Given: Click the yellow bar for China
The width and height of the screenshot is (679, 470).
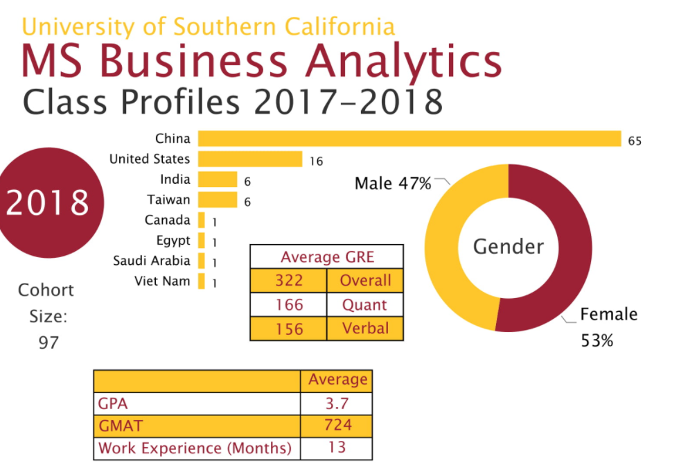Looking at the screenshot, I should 409,139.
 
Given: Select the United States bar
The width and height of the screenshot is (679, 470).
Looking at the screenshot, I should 250,159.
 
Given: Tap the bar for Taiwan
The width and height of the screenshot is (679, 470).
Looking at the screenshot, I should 218,200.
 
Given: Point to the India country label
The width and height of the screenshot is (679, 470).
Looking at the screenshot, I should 175,180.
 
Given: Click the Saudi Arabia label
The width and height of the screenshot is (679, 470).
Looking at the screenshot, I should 151,261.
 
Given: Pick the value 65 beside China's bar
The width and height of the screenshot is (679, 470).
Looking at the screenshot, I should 635,141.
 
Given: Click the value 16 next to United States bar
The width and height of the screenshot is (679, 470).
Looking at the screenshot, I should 316,162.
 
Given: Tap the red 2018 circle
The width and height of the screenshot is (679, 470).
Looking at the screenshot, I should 48,202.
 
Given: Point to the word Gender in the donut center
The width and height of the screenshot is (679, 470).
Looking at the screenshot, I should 508,246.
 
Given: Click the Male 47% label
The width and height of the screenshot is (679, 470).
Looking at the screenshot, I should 393,184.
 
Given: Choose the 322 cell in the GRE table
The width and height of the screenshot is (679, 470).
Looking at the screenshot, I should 288,281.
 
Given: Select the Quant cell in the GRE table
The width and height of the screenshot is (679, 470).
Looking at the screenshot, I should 364,305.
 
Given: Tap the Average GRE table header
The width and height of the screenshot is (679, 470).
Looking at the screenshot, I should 326,257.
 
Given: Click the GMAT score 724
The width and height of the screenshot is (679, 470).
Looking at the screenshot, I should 337,425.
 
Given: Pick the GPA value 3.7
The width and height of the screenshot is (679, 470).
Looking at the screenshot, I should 337,403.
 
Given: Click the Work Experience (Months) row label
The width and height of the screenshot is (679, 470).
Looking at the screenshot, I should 195,447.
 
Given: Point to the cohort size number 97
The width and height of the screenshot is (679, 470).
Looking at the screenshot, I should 48,342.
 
